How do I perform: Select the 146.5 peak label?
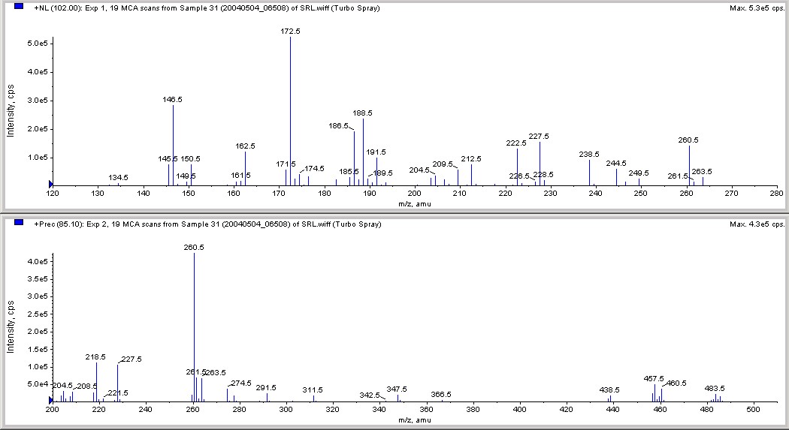coord(173,99)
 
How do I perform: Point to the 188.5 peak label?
coord(363,113)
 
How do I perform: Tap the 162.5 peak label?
coord(246,146)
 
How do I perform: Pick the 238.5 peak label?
coord(589,155)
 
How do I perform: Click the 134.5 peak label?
coord(119,178)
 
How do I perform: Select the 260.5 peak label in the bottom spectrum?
coord(194,248)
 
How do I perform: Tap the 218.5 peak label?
coord(96,357)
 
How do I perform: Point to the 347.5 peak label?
coord(397,389)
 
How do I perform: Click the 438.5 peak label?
coord(609,390)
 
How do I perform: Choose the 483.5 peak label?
coord(715,389)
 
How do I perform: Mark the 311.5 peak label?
coord(313,390)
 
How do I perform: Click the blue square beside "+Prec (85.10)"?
coord(19,224)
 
